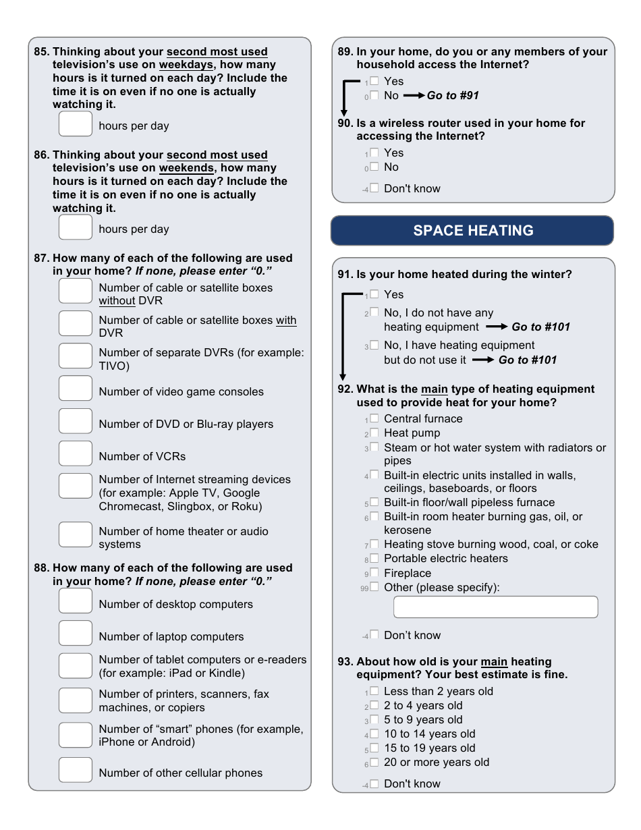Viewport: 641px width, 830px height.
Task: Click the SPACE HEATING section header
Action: pyautogui.click(x=472, y=231)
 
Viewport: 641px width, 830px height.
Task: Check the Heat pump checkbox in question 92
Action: pyautogui.click(x=374, y=433)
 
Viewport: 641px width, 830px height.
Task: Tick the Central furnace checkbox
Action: pyautogui.click(x=374, y=419)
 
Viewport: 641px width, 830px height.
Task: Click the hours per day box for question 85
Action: pyautogui.click(x=75, y=124)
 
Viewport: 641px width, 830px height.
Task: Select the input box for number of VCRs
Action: pyautogui.click(x=75, y=453)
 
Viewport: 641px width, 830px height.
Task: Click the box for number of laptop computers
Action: pyautogui.click(x=75, y=634)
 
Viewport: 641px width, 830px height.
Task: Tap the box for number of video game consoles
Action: pyautogui.click(x=75, y=389)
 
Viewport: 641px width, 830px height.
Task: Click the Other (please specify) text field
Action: pyautogui.click(x=495, y=607)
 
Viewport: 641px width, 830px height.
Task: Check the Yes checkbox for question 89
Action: pyautogui.click(x=374, y=81)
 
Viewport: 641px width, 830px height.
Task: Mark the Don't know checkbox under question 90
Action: pyautogui.click(x=374, y=188)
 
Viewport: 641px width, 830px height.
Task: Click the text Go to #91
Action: pyautogui.click(x=453, y=96)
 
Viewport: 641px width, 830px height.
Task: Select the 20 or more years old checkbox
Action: pyautogui.click(x=374, y=763)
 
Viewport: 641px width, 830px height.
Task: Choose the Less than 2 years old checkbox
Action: pyautogui.click(x=374, y=692)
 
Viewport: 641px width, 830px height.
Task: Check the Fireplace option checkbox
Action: pyautogui.click(x=374, y=573)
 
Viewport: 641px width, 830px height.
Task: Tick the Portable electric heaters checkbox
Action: pyautogui.click(x=374, y=559)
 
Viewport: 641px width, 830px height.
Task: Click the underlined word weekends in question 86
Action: pyautogui.click(x=186, y=168)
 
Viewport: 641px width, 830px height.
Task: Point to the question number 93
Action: pyautogui.click(x=345, y=662)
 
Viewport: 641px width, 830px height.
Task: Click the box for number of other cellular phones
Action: pyautogui.click(x=75, y=770)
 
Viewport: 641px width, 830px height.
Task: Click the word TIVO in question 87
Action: pyautogui.click(x=113, y=366)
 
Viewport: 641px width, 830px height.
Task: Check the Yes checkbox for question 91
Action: pyautogui.click(x=374, y=294)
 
